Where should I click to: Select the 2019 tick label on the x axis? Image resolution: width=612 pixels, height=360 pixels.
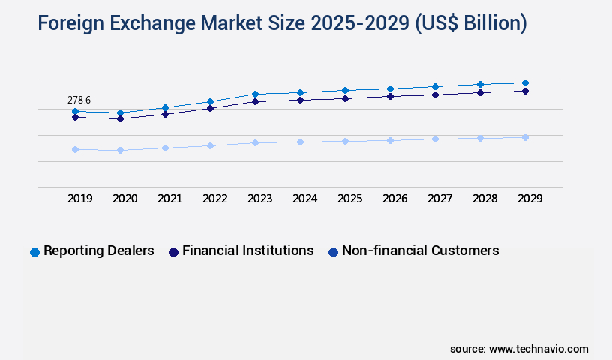pos(80,199)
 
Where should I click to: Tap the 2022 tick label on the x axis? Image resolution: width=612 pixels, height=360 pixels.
pos(215,199)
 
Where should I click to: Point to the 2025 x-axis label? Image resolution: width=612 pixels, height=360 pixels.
pos(350,199)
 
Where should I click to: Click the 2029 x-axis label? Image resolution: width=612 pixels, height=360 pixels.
pos(530,199)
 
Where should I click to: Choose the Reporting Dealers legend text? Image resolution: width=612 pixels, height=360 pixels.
pos(99,250)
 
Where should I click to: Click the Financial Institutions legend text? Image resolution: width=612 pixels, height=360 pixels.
pos(248,250)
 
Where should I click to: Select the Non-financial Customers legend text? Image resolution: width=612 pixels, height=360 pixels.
pos(420,250)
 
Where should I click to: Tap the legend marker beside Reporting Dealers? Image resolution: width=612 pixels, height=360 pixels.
pos(34,252)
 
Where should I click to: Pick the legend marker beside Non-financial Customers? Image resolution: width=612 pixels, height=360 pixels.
pos(333,252)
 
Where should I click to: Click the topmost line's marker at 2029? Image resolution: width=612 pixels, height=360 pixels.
pos(525,82)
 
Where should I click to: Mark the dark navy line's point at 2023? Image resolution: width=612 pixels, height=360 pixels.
pos(255,101)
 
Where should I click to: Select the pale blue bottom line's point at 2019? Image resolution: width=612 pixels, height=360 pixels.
pos(75,149)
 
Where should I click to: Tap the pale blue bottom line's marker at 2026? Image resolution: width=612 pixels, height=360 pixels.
pos(390,140)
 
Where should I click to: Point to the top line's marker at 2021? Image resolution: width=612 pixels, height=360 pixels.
pos(165,108)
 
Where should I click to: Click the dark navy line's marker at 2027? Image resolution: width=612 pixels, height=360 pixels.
pos(435,94)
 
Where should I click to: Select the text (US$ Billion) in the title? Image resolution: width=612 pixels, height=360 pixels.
pos(472,24)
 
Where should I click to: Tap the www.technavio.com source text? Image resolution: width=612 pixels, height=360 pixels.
pos(538,349)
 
